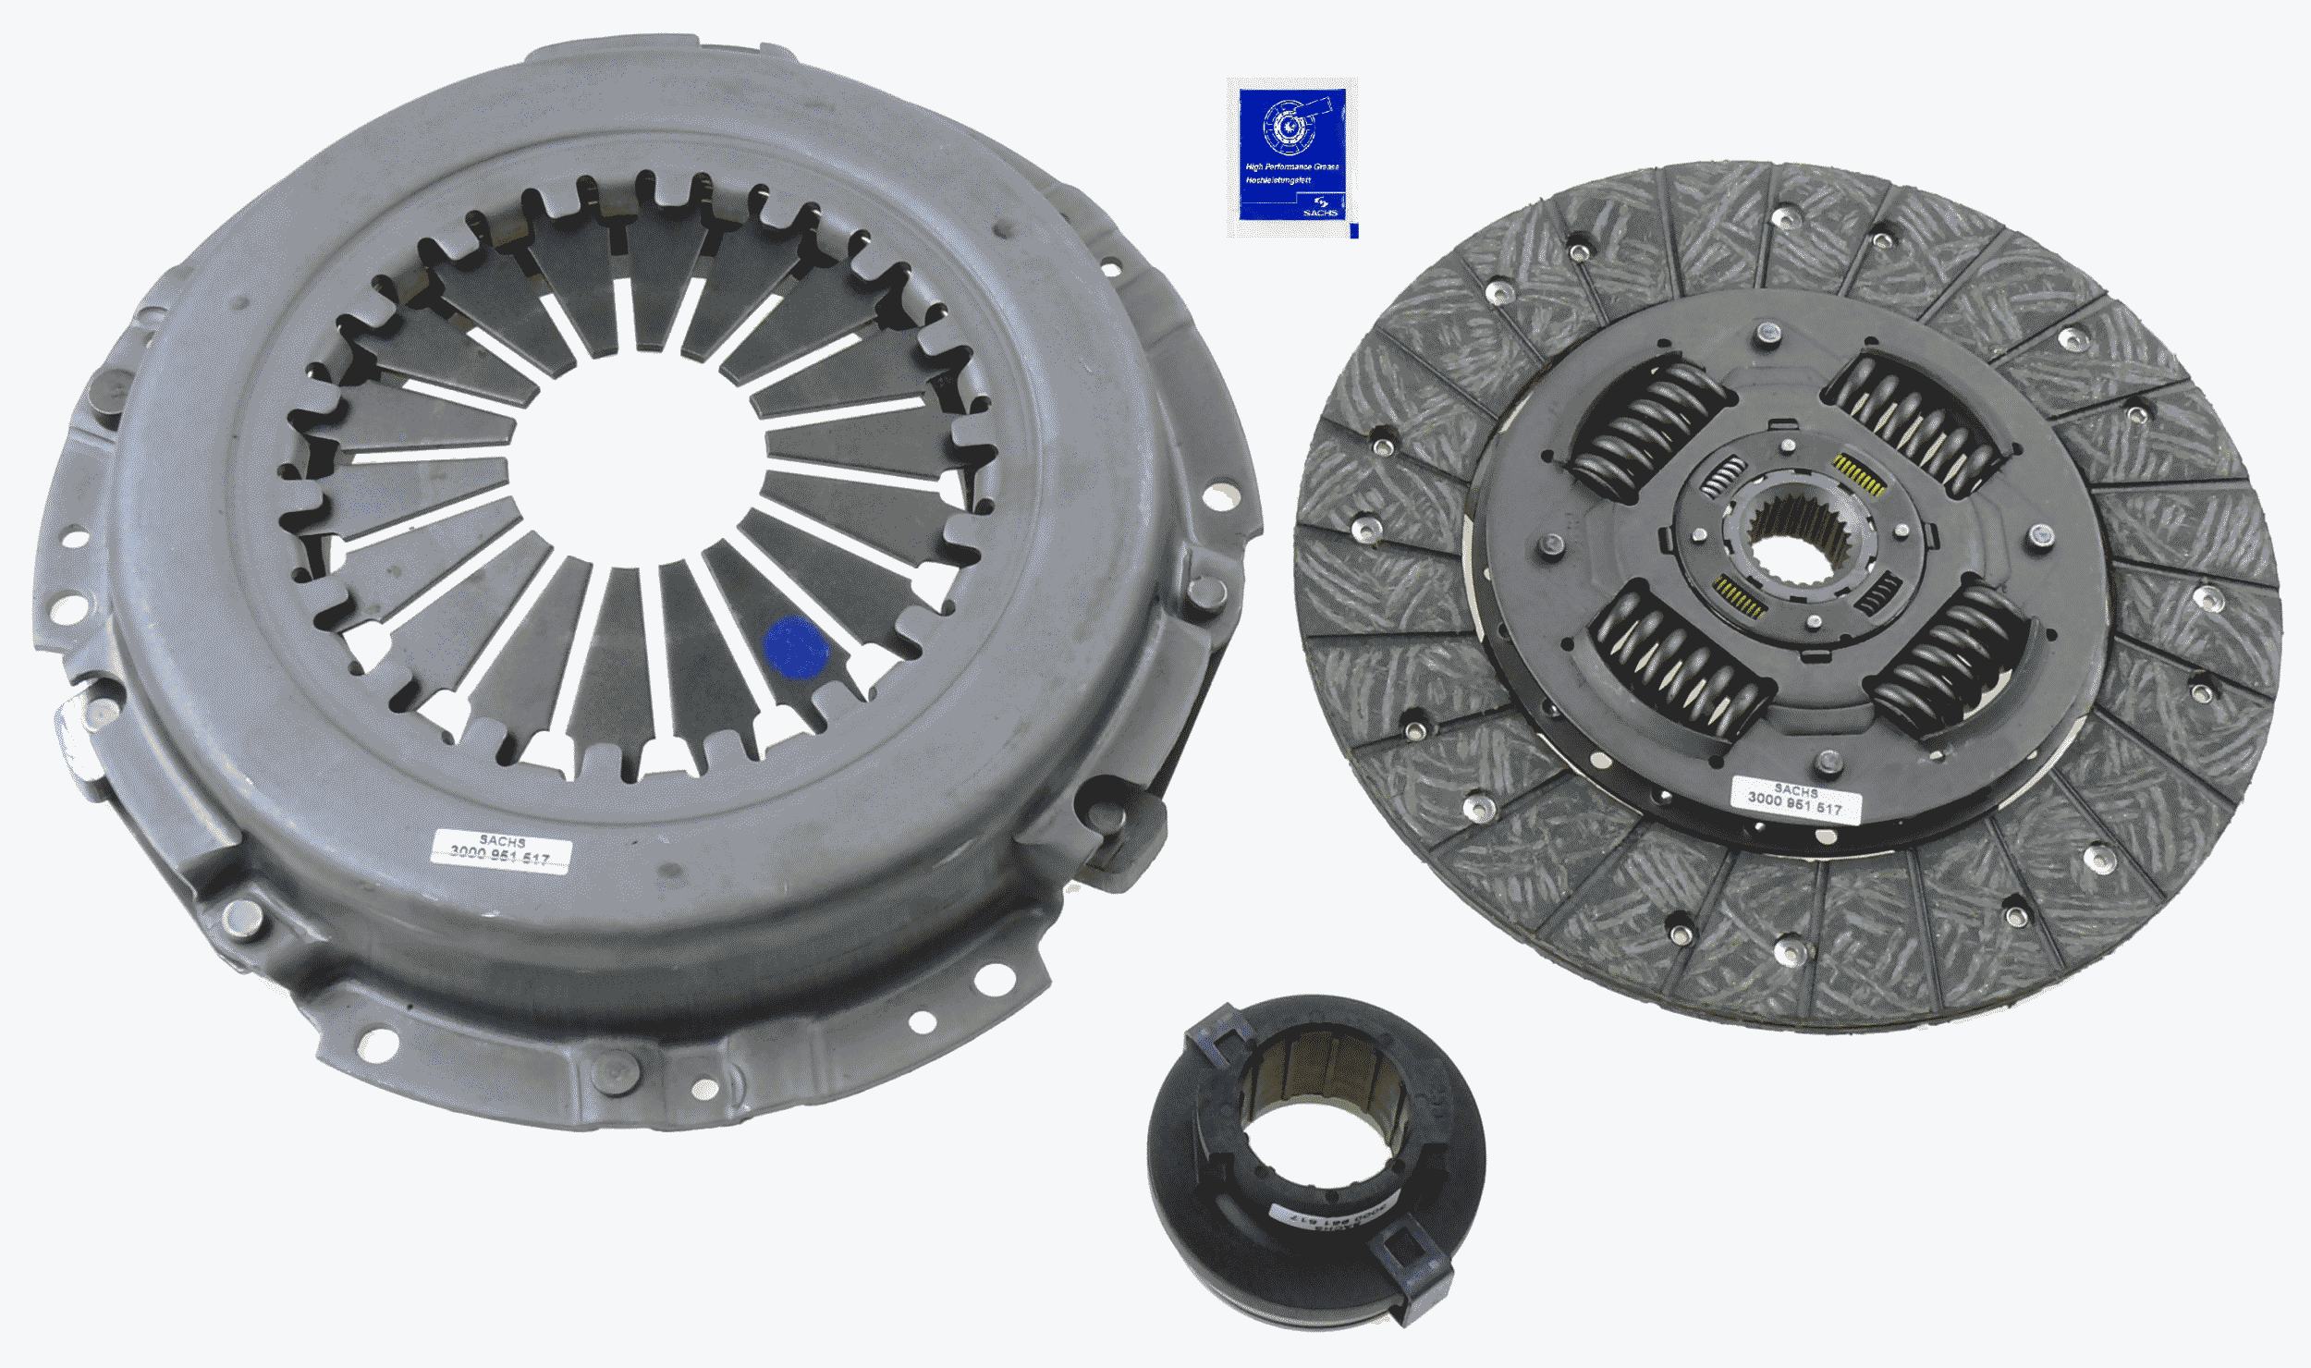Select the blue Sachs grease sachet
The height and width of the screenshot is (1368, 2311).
(x=1291, y=157)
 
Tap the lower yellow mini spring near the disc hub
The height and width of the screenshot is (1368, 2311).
(x=1739, y=596)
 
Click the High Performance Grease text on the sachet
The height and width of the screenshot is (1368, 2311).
(x=1292, y=192)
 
